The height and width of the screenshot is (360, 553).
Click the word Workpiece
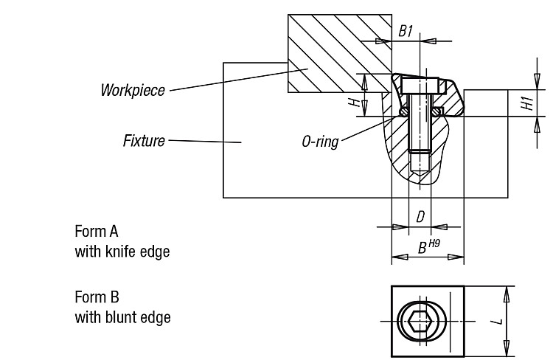click(133, 90)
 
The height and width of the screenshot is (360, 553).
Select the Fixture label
click(144, 141)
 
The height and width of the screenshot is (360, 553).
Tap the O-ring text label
click(320, 142)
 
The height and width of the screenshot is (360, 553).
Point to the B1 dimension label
click(406, 31)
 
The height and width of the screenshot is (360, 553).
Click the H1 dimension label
click(528, 103)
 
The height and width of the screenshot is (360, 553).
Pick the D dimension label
click(420, 217)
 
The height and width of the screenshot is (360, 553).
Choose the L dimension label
click(497, 322)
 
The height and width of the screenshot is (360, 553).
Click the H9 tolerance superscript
click(434, 243)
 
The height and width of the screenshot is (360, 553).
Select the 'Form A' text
click(97, 232)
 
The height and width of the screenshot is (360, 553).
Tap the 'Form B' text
click(97, 297)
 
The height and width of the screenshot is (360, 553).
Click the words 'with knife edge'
click(122, 252)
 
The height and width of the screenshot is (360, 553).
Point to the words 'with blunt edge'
click(122, 317)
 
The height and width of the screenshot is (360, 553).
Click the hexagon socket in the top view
click(420, 322)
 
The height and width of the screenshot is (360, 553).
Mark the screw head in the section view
click(420, 86)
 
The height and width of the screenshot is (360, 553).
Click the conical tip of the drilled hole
click(420, 174)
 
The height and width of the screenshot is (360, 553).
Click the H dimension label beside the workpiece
click(355, 103)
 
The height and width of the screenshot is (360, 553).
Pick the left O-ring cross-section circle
click(403, 111)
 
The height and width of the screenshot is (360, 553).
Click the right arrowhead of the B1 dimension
click(428, 41)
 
